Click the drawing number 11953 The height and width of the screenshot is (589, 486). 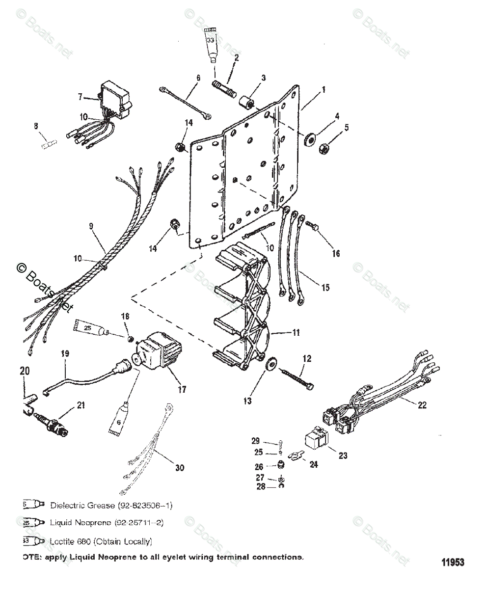(452, 562)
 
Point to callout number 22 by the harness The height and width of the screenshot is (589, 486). (422, 405)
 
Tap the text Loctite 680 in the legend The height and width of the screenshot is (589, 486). (74, 541)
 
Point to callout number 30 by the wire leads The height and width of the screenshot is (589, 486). (180, 468)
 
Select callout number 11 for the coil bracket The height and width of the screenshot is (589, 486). (296, 332)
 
